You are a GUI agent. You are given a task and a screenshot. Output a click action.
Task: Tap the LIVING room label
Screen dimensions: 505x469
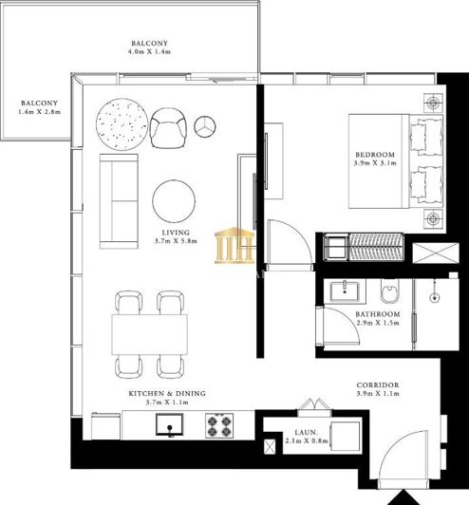click(x=175, y=233)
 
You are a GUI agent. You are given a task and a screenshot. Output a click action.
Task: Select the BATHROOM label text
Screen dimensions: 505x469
click(x=377, y=313)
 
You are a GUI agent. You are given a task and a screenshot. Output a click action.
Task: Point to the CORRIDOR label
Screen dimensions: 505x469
click(x=377, y=384)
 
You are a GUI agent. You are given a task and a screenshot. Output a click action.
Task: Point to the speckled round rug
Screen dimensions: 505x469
click(x=120, y=123)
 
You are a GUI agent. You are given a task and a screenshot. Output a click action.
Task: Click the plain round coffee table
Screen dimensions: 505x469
click(x=176, y=200)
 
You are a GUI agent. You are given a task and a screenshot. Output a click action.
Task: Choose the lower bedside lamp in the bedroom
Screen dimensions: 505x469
click(x=434, y=219)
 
